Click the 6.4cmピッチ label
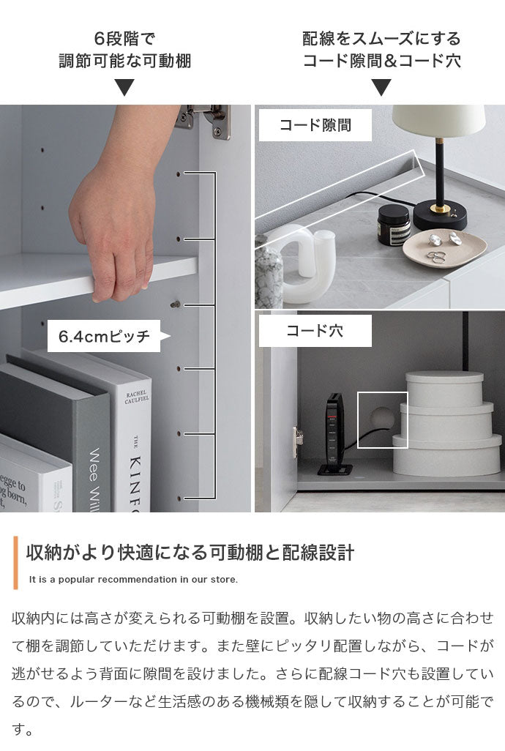point(104,336)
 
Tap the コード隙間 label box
point(315,125)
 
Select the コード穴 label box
point(315,331)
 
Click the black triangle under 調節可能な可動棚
point(125,89)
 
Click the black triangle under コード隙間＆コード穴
point(381,89)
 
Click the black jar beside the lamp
point(394,224)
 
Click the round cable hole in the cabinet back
point(381,419)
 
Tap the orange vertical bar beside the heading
point(15,562)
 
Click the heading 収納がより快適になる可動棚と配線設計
point(190,553)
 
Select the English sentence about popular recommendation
point(133,580)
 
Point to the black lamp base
point(439,217)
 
